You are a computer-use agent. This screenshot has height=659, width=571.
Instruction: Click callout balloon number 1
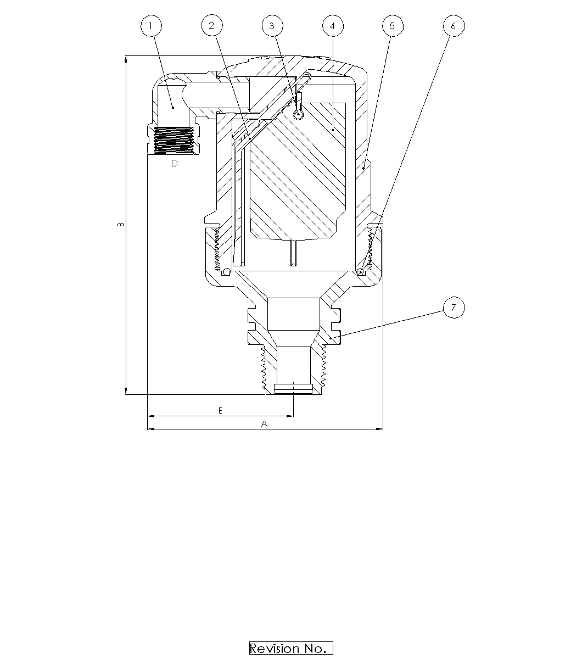click(151, 25)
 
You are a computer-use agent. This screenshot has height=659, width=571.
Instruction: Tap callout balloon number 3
click(272, 25)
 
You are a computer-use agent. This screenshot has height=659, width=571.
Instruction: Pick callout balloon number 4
click(333, 25)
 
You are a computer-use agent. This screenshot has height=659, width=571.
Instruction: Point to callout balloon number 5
click(392, 25)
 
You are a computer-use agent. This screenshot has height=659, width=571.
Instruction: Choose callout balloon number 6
click(453, 25)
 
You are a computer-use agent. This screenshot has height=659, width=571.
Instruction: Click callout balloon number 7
click(454, 308)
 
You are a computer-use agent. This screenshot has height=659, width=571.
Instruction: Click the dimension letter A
click(264, 423)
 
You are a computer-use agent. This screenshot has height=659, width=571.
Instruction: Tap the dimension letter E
click(220, 410)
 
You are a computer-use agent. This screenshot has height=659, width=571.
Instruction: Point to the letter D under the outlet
click(174, 163)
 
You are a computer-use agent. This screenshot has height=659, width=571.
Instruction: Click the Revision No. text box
click(291, 648)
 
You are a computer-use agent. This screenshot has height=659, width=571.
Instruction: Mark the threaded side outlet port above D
click(174, 140)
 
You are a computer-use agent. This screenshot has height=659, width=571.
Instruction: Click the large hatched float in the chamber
click(299, 170)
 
